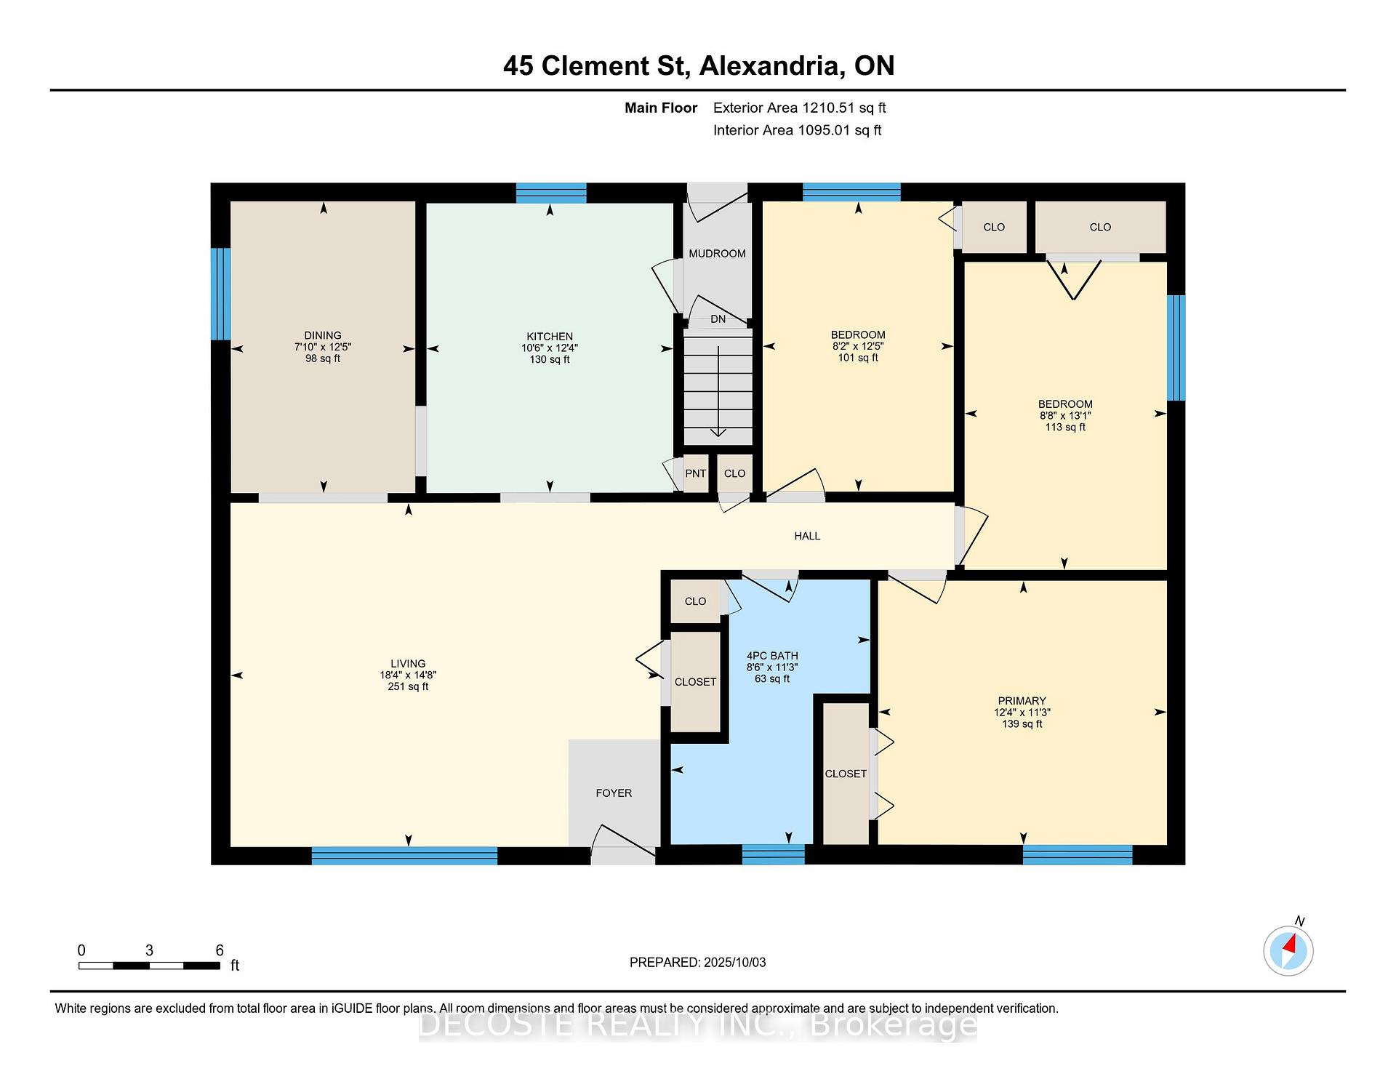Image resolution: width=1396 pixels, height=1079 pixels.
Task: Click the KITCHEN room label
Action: pyautogui.click(x=550, y=336)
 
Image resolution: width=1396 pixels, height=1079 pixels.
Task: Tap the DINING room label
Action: pyautogui.click(x=323, y=336)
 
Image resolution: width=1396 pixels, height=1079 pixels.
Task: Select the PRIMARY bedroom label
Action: pyautogui.click(x=1022, y=701)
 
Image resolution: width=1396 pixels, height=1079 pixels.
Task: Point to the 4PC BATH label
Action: pyautogui.click(x=772, y=656)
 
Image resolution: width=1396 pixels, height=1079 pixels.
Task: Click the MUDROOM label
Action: pyautogui.click(x=717, y=254)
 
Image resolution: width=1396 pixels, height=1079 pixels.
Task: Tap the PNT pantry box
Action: pyautogui.click(x=696, y=473)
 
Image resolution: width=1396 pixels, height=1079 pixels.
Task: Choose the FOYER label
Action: pyautogui.click(x=614, y=793)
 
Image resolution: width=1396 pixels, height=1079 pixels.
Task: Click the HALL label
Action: pyautogui.click(x=807, y=536)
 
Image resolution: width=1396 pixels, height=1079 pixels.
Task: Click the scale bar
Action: pyautogui.click(x=149, y=966)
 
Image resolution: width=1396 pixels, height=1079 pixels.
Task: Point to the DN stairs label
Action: pyautogui.click(x=718, y=319)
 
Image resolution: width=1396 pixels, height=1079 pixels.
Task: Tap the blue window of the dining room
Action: pyautogui.click(x=221, y=294)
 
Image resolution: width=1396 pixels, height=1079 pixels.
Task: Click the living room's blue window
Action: pyautogui.click(x=404, y=856)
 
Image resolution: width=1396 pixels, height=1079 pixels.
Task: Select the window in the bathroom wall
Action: pyautogui.click(x=774, y=854)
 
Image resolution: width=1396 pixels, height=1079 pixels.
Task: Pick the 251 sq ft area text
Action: pyautogui.click(x=408, y=686)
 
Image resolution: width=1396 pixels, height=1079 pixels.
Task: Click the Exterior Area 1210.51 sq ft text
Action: pyautogui.click(x=800, y=108)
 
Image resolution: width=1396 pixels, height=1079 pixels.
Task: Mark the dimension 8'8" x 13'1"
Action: pyautogui.click(x=1065, y=416)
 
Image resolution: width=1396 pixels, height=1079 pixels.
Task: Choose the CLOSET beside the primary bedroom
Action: pyautogui.click(x=846, y=774)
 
